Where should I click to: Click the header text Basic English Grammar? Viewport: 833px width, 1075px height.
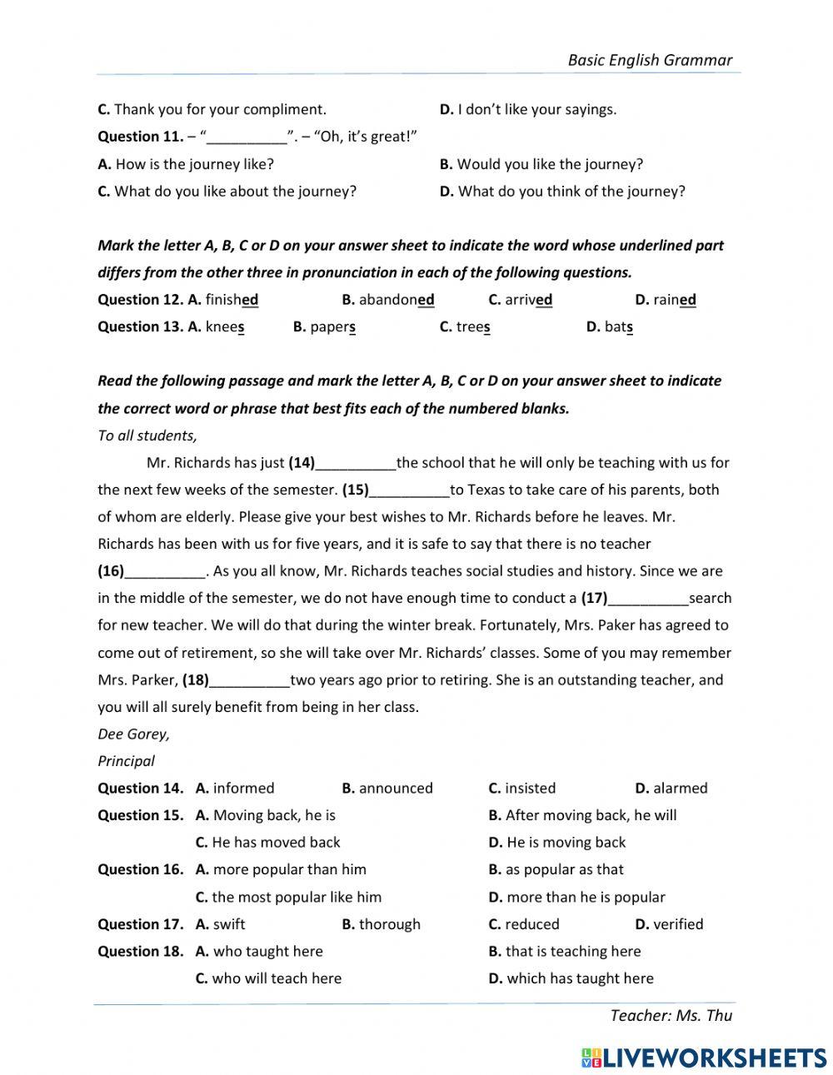[x=650, y=60]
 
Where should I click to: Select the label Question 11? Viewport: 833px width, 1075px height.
[x=139, y=137]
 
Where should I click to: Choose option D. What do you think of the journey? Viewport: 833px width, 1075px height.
[x=562, y=192]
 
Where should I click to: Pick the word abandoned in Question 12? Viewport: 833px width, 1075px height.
[x=397, y=300]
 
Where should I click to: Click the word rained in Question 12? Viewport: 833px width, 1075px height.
[x=675, y=300]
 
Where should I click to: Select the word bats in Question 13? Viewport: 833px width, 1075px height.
[x=619, y=327]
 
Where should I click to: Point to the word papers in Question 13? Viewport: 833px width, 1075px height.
[x=333, y=327]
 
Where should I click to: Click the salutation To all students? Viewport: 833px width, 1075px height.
[x=147, y=435]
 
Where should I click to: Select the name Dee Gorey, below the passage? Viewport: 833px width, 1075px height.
[x=133, y=734]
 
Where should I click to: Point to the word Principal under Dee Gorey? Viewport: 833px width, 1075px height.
[x=126, y=761]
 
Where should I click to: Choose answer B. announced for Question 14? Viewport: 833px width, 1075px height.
[x=387, y=789]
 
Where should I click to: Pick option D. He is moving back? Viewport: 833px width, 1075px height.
[x=556, y=843]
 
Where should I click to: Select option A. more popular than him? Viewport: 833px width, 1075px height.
[x=281, y=869]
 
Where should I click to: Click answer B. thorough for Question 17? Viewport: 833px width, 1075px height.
[x=381, y=924]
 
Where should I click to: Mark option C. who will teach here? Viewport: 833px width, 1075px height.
[x=268, y=978]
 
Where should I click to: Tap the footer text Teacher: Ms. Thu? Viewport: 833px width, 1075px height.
[x=671, y=1015]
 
